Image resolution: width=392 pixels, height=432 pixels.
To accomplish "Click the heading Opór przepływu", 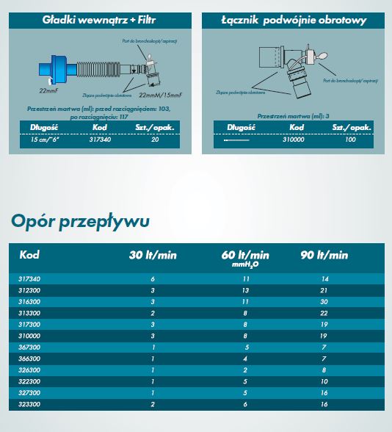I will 81,221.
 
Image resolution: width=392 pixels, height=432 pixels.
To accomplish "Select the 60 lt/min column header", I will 245,256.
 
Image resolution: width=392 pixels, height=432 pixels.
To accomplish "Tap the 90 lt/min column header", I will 324,256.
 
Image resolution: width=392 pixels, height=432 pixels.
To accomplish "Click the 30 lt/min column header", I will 153,256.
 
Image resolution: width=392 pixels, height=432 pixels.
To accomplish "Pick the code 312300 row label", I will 29,290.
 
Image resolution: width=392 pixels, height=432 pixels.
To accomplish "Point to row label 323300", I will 29,403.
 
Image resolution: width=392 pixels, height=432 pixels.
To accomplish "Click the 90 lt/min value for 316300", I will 324,301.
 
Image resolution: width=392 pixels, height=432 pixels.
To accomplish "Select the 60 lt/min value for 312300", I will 245,290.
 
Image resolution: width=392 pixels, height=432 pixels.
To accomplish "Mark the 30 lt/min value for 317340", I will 153,280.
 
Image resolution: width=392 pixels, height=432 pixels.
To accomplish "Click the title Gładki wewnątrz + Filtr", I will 99,20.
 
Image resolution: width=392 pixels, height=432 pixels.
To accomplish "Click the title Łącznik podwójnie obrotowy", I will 293,20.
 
